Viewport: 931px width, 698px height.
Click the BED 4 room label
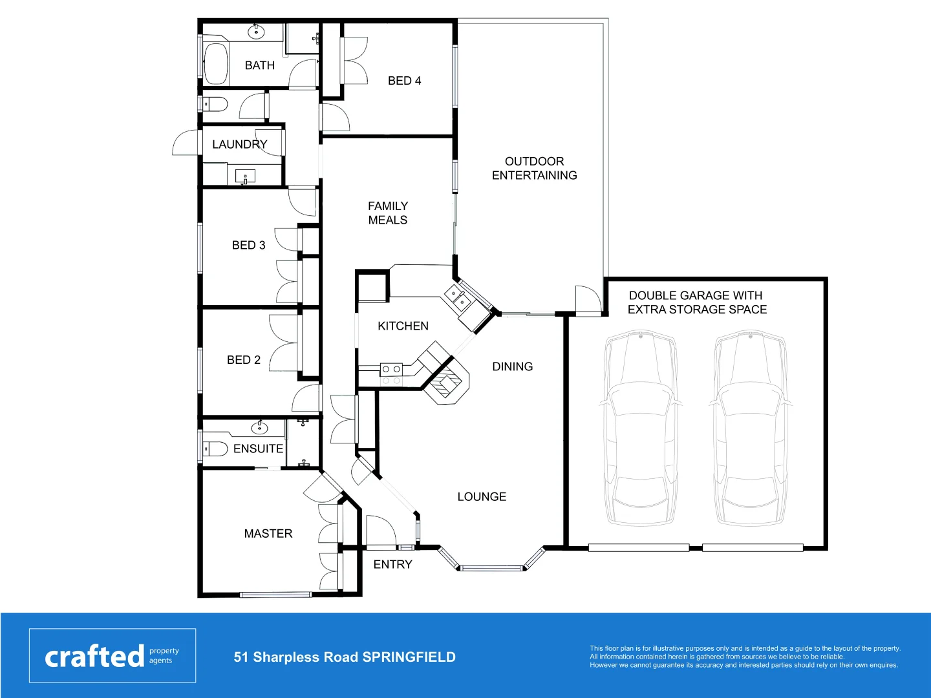click(x=404, y=81)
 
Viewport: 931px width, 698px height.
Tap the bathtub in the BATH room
click(x=216, y=63)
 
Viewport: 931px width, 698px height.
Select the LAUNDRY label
click(x=239, y=144)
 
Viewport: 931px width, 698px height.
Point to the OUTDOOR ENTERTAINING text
click(x=534, y=168)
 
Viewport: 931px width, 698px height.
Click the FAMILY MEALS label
click(x=388, y=213)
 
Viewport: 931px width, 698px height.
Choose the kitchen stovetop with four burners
click(x=391, y=374)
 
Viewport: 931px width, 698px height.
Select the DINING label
click(x=513, y=366)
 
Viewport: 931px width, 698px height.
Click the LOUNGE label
click(x=482, y=496)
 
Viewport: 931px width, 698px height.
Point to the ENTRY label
click(x=392, y=564)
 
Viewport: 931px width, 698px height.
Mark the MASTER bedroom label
click(x=268, y=533)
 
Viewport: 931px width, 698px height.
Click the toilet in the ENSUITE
click(x=216, y=449)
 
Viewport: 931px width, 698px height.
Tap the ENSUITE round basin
click(x=259, y=427)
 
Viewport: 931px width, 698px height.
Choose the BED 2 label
click(x=244, y=360)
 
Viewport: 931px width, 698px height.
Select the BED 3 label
click(x=249, y=245)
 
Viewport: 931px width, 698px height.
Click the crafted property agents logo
click(x=112, y=655)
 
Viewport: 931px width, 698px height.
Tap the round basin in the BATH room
click(x=256, y=31)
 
